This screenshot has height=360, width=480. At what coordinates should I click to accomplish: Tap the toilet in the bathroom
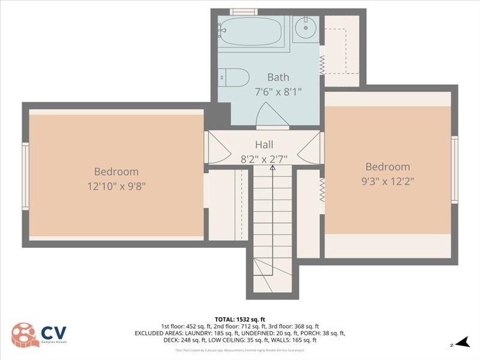click(234, 77)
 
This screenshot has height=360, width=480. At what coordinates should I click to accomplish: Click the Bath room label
click(278, 77)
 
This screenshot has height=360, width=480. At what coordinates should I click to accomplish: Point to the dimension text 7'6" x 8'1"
click(278, 92)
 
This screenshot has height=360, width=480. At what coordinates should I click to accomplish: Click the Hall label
click(264, 145)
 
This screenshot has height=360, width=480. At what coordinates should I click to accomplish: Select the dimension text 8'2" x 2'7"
click(264, 159)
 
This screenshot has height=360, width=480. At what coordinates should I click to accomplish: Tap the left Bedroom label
click(116, 172)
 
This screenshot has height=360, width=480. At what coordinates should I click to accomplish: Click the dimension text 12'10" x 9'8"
click(116, 186)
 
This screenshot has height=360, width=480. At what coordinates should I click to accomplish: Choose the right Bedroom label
click(388, 167)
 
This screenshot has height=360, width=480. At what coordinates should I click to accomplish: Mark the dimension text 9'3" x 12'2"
click(388, 181)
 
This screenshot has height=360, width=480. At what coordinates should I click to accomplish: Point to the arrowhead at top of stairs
click(272, 169)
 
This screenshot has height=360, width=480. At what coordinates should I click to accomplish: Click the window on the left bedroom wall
click(25, 176)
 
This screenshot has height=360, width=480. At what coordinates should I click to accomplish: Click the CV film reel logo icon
click(23, 334)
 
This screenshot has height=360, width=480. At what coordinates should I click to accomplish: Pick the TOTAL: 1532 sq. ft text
click(240, 319)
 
